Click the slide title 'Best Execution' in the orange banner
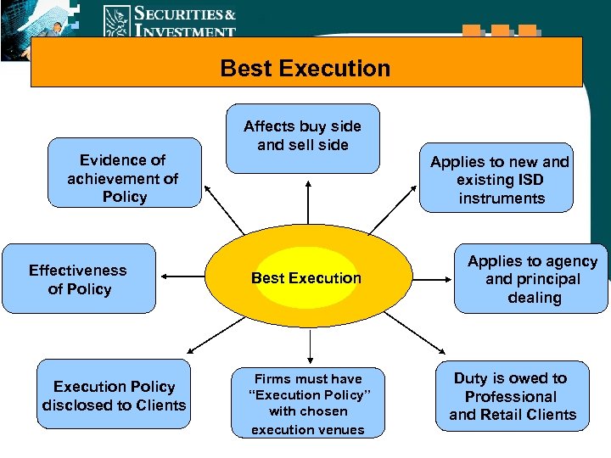pyautogui.click(x=305, y=68)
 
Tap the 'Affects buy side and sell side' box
pyautogui.click(x=302, y=137)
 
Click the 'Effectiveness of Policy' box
pyautogui.click(x=79, y=278)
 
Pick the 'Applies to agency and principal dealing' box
pyautogui.click(x=532, y=278)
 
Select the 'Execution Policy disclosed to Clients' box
pyautogui.click(x=114, y=395)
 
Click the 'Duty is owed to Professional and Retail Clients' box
pyautogui.click(x=512, y=395)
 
